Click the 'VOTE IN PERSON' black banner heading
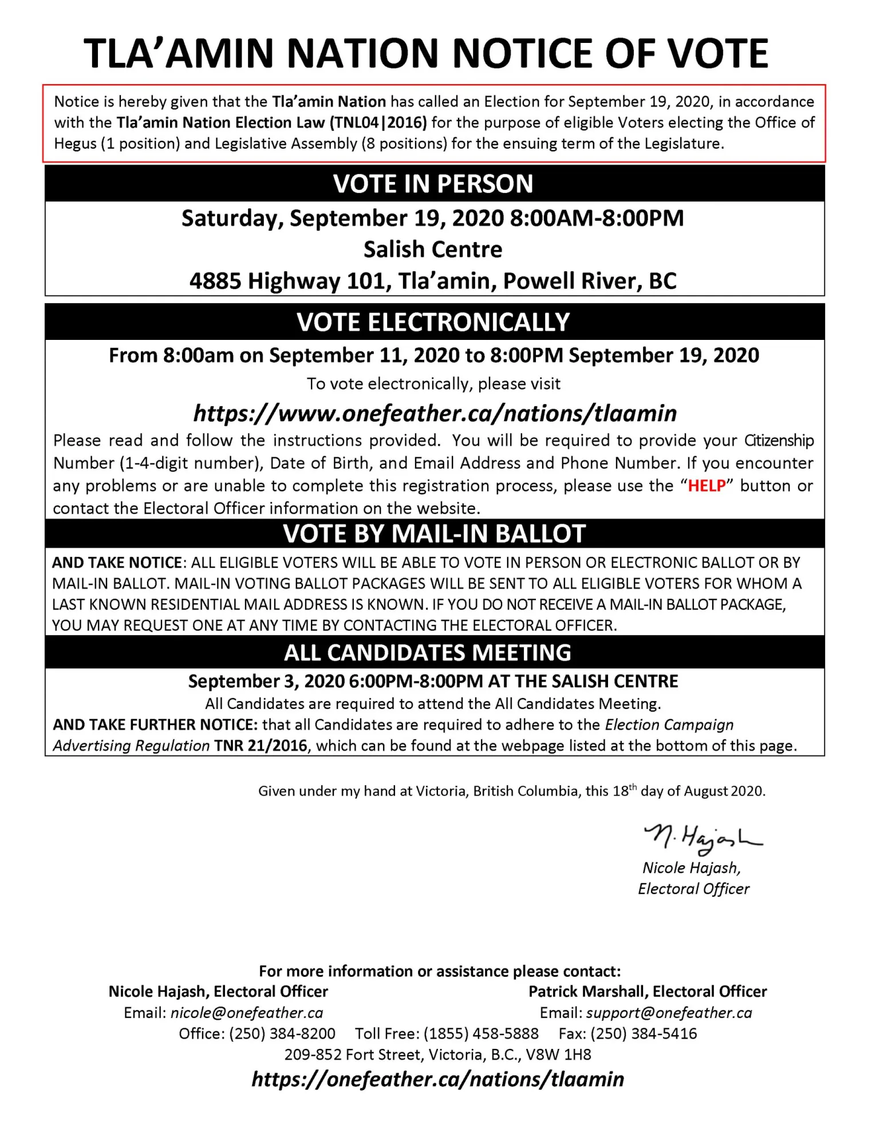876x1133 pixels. tap(433, 184)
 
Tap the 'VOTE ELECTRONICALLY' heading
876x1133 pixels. tap(433, 322)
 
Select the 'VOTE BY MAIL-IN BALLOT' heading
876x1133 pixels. tap(434, 533)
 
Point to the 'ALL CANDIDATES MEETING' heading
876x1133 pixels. tap(428, 652)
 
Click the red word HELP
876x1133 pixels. tap(707, 486)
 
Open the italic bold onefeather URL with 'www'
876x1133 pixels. tap(435, 413)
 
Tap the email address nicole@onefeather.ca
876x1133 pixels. tap(247, 1013)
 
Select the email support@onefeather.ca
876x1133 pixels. tap(669, 1013)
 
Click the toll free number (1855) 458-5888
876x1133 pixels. tap(481, 1033)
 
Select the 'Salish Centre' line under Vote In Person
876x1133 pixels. tap(433, 249)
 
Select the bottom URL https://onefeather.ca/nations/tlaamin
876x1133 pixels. tap(437, 1079)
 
